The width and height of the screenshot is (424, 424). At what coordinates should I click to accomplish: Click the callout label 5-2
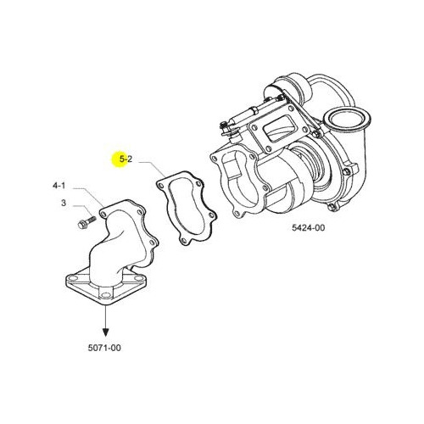click(x=126, y=159)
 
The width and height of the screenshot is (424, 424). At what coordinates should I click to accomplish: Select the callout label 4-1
click(x=59, y=186)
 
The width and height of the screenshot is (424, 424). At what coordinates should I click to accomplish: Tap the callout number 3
click(x=64, y=203)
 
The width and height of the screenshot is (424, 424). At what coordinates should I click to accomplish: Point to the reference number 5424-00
click(x=309, y=227)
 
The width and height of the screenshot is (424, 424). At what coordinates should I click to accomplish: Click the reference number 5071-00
click(x=104, y=348)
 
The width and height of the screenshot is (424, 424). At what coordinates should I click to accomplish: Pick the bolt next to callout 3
click(x=86, y=222)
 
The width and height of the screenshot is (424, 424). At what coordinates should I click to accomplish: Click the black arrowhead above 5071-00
click(x=106, y=332)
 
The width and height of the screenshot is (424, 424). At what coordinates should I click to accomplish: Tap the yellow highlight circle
click(x=119, y=159)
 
